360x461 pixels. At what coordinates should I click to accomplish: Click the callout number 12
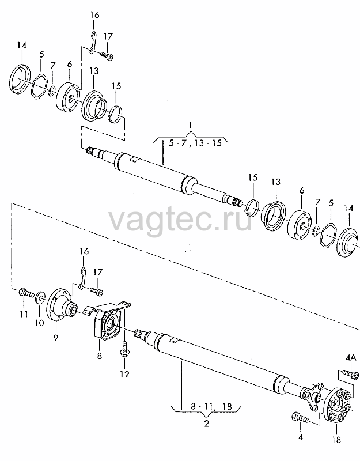[125, 374]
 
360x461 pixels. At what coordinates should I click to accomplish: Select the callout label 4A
[351, 357]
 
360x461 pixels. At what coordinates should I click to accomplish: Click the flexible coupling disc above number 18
[338, 405]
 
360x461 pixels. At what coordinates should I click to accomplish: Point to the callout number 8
[99, 356]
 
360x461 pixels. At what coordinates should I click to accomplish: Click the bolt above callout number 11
[25, 293]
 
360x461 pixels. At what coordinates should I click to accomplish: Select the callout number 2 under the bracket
[207, 424]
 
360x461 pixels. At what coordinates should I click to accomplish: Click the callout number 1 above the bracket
[191, 125]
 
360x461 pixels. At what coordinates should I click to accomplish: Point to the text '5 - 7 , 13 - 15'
[195, 143]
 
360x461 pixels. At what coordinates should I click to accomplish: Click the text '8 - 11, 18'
[211, 406]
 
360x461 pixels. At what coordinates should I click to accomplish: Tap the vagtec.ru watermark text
[180, 220]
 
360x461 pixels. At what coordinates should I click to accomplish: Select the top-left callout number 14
[21, 46]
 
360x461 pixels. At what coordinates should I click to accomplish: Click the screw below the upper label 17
[107, 56]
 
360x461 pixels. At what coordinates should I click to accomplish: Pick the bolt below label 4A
[351, 373]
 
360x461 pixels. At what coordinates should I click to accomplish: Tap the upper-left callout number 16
[94, 14]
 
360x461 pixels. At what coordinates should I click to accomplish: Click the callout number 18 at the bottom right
[336, 440]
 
